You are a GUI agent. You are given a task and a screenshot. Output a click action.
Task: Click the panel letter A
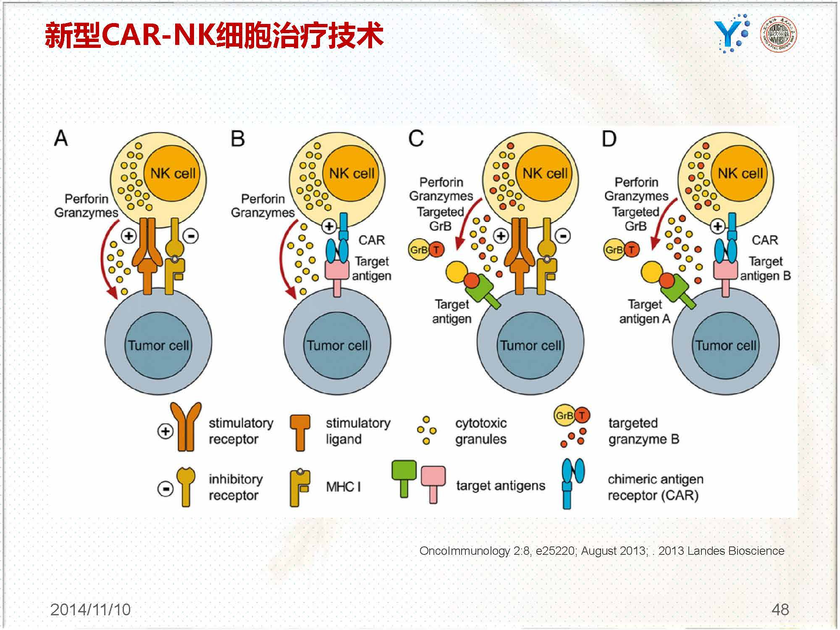(61, 138)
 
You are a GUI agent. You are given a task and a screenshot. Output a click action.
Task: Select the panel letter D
(609, 138)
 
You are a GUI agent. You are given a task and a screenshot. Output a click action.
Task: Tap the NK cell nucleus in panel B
(352, 173)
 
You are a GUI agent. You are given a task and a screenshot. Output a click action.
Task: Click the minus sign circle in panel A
(191, 236)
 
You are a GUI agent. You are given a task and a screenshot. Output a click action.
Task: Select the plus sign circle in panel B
(329, 227)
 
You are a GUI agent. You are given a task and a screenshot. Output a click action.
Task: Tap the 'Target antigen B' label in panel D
(765, 268)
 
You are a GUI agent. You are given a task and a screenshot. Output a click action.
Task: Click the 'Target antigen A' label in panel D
(645, 311)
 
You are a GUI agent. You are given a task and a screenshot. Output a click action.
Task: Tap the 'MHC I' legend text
(343, 486)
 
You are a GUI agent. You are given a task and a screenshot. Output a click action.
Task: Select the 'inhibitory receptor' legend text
(235, 487)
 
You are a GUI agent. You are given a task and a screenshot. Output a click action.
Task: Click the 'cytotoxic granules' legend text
(481, 431)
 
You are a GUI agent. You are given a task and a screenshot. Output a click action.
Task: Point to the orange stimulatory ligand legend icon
(300, 432)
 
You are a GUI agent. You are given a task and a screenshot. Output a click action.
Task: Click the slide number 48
(780, 609)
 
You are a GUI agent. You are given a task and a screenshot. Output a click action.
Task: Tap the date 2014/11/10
(90, 609)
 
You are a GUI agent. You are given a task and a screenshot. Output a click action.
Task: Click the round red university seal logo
(779, 34)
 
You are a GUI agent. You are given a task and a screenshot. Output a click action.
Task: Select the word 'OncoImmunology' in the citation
(465, 551)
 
